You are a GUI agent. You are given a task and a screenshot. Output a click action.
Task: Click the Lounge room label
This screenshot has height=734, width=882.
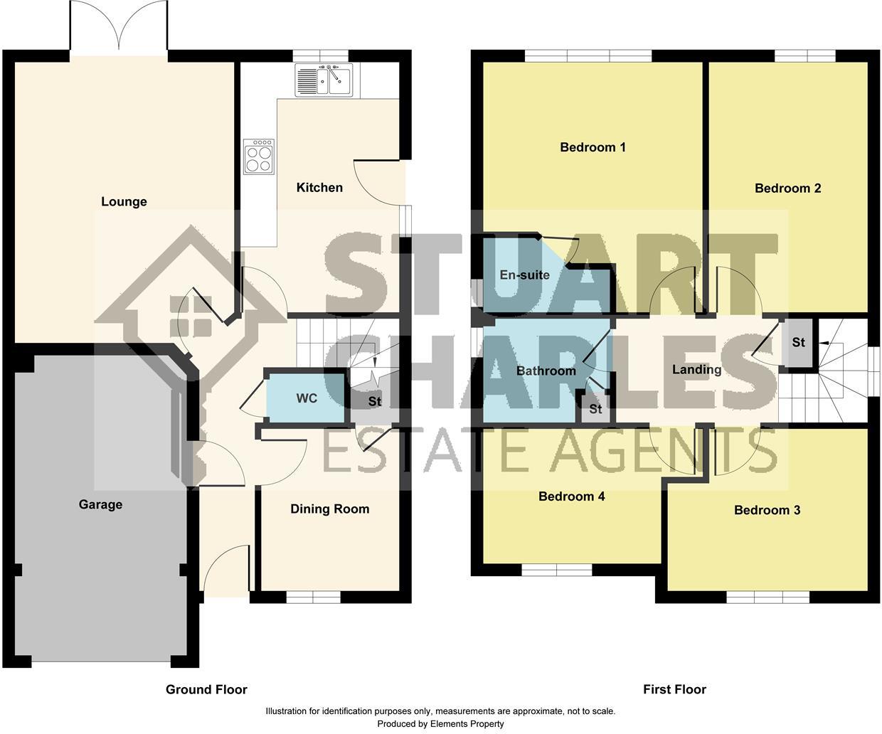pos(124,202)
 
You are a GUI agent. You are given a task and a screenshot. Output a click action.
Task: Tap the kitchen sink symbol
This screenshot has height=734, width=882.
pos(324,80)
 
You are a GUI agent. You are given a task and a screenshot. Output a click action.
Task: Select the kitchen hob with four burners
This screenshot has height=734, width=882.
pos(258,156)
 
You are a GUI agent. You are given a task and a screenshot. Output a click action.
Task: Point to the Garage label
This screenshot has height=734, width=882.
pos(100,505)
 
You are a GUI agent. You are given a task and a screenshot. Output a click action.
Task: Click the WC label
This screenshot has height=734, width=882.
pos(307,398)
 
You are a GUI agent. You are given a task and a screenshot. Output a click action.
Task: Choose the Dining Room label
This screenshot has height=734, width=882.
pos(330,509)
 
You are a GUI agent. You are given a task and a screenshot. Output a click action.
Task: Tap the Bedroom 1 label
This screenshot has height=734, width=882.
pos(593,148)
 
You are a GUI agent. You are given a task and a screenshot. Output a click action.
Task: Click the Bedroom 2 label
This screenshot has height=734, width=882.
pos(787,188)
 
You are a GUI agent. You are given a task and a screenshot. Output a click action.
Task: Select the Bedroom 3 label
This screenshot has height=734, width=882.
pos(767,511)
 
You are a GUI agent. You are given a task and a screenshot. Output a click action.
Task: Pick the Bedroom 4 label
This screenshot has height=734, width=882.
pos(571,496)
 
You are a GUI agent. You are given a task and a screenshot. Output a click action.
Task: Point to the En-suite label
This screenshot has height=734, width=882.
pos(524,275)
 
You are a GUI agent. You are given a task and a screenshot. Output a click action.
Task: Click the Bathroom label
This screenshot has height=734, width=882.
pos(546,371)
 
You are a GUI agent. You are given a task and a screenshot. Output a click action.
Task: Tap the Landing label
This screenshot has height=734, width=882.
pos(696,370)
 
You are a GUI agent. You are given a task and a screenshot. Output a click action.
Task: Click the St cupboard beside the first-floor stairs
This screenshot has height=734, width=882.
pos(798,343)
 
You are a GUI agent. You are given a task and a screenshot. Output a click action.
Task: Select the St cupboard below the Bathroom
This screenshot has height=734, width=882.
pos(595,409)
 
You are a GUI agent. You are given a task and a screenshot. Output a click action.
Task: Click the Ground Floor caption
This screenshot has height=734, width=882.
pos(206,689)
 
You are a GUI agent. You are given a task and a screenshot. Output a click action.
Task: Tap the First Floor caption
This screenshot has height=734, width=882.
pos(674,689)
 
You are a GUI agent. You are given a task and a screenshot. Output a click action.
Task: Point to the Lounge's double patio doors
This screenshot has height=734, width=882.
pos(119,28)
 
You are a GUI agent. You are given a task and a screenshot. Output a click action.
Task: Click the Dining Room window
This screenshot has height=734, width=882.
pos(313,597)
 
